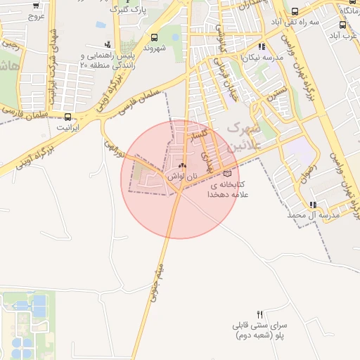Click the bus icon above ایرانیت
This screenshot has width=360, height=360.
click(68, 117)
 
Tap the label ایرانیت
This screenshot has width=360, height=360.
click(68, 128)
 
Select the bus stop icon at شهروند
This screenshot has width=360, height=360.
click(154, 37)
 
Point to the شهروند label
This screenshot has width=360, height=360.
click(154, 49)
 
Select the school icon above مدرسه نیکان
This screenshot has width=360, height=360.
click(262, 46)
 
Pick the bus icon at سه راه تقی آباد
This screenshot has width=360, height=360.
click(294, 11)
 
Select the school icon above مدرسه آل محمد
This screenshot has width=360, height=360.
click(319, 204)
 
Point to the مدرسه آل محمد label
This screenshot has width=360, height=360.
click(314, 214)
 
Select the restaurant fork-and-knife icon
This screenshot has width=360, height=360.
click(260, 314)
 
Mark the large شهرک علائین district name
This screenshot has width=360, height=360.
click(245, 136)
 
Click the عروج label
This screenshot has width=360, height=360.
click(37, 15)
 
